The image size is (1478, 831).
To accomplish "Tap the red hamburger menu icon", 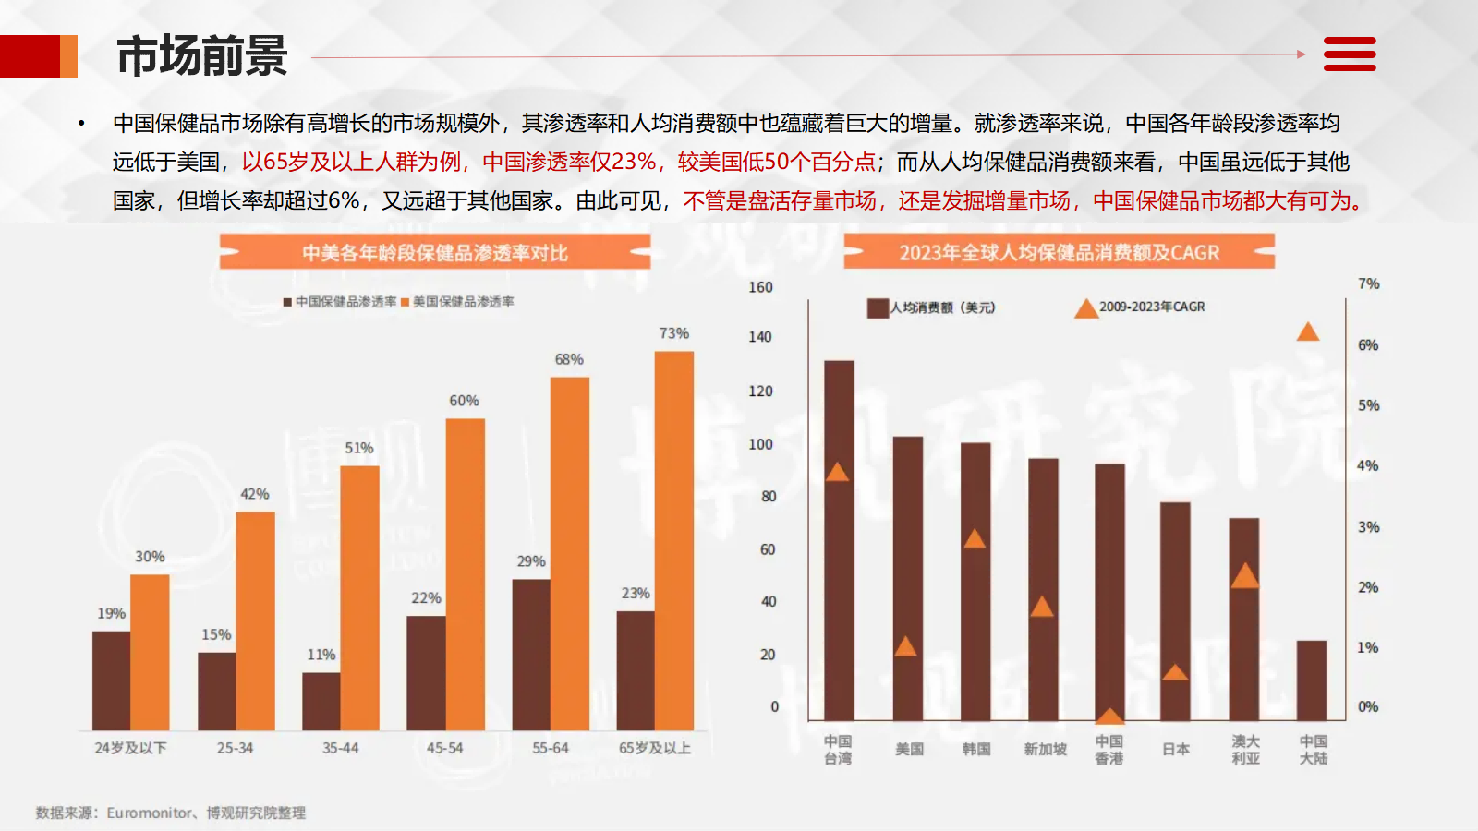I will tap(1350, 54).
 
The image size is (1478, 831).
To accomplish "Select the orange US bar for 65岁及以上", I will tap(674, 540).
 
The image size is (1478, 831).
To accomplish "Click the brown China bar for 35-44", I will tap(321, 701).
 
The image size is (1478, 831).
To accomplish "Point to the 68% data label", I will tap(569, 359).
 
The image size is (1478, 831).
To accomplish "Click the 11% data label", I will tap(321, 655).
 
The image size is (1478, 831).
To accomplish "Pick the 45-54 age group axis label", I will tap(444, 748).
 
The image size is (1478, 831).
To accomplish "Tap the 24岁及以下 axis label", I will tap(130, 748).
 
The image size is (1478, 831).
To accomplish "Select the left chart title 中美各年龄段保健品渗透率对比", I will tap(434, 252).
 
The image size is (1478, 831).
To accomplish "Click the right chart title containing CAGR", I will tap(1059, 252).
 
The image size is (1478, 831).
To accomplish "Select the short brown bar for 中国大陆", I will tap(1312, 680).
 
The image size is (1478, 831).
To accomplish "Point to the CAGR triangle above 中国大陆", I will tap(1308, 331).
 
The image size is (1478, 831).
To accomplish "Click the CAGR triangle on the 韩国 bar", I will tap(975, 538).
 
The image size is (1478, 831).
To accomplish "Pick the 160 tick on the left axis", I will tap(760, 287).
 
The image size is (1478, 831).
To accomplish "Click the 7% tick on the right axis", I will tap(1368, 283).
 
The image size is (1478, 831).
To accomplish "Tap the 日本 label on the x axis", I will tap(1176, 749).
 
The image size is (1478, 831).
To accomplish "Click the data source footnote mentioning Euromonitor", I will tap(171, 813).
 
